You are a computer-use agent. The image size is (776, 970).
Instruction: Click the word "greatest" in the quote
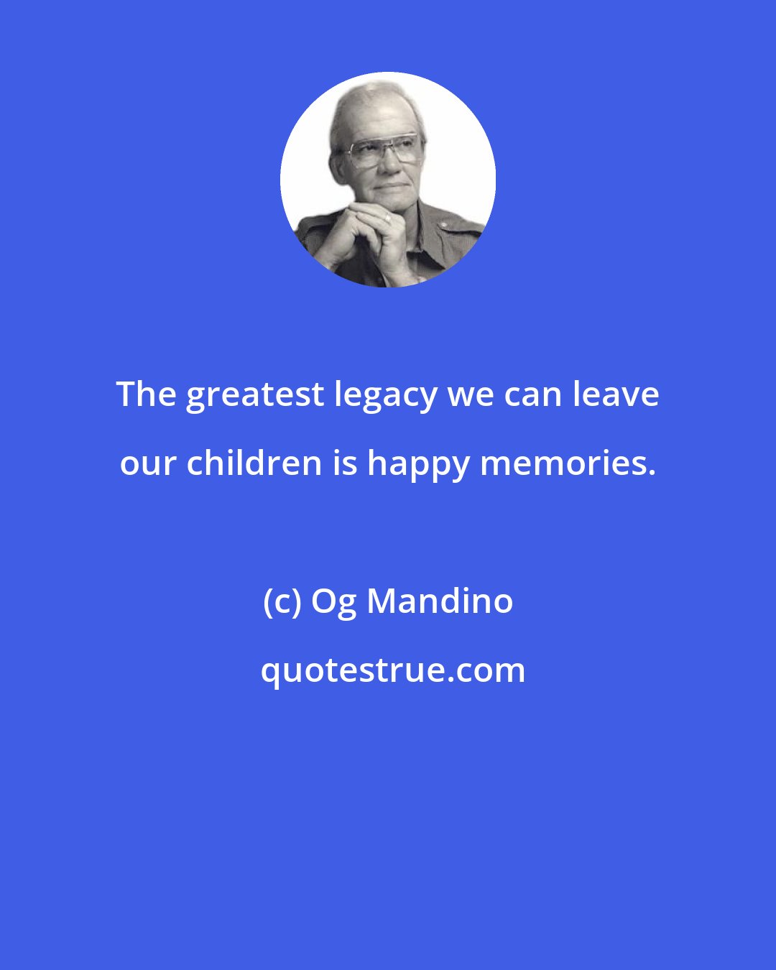coord(254,395)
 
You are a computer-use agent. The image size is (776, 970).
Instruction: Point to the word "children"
coord(254,463)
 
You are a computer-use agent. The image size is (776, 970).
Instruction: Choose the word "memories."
coord(568,463)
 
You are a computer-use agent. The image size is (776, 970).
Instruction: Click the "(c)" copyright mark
coord(282,601)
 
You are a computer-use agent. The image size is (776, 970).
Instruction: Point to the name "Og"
coord(333,603)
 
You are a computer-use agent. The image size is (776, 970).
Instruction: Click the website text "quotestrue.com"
coord(392,670)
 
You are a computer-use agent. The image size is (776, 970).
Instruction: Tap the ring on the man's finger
coord(387,216)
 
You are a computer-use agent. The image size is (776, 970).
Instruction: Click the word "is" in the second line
coord(345,463)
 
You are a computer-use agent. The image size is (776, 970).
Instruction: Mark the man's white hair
coord(359,104)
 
